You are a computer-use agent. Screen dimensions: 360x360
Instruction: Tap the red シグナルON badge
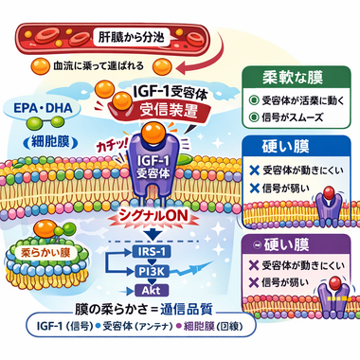[172, 214]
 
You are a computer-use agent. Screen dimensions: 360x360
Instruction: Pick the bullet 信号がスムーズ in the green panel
[302, 117]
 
